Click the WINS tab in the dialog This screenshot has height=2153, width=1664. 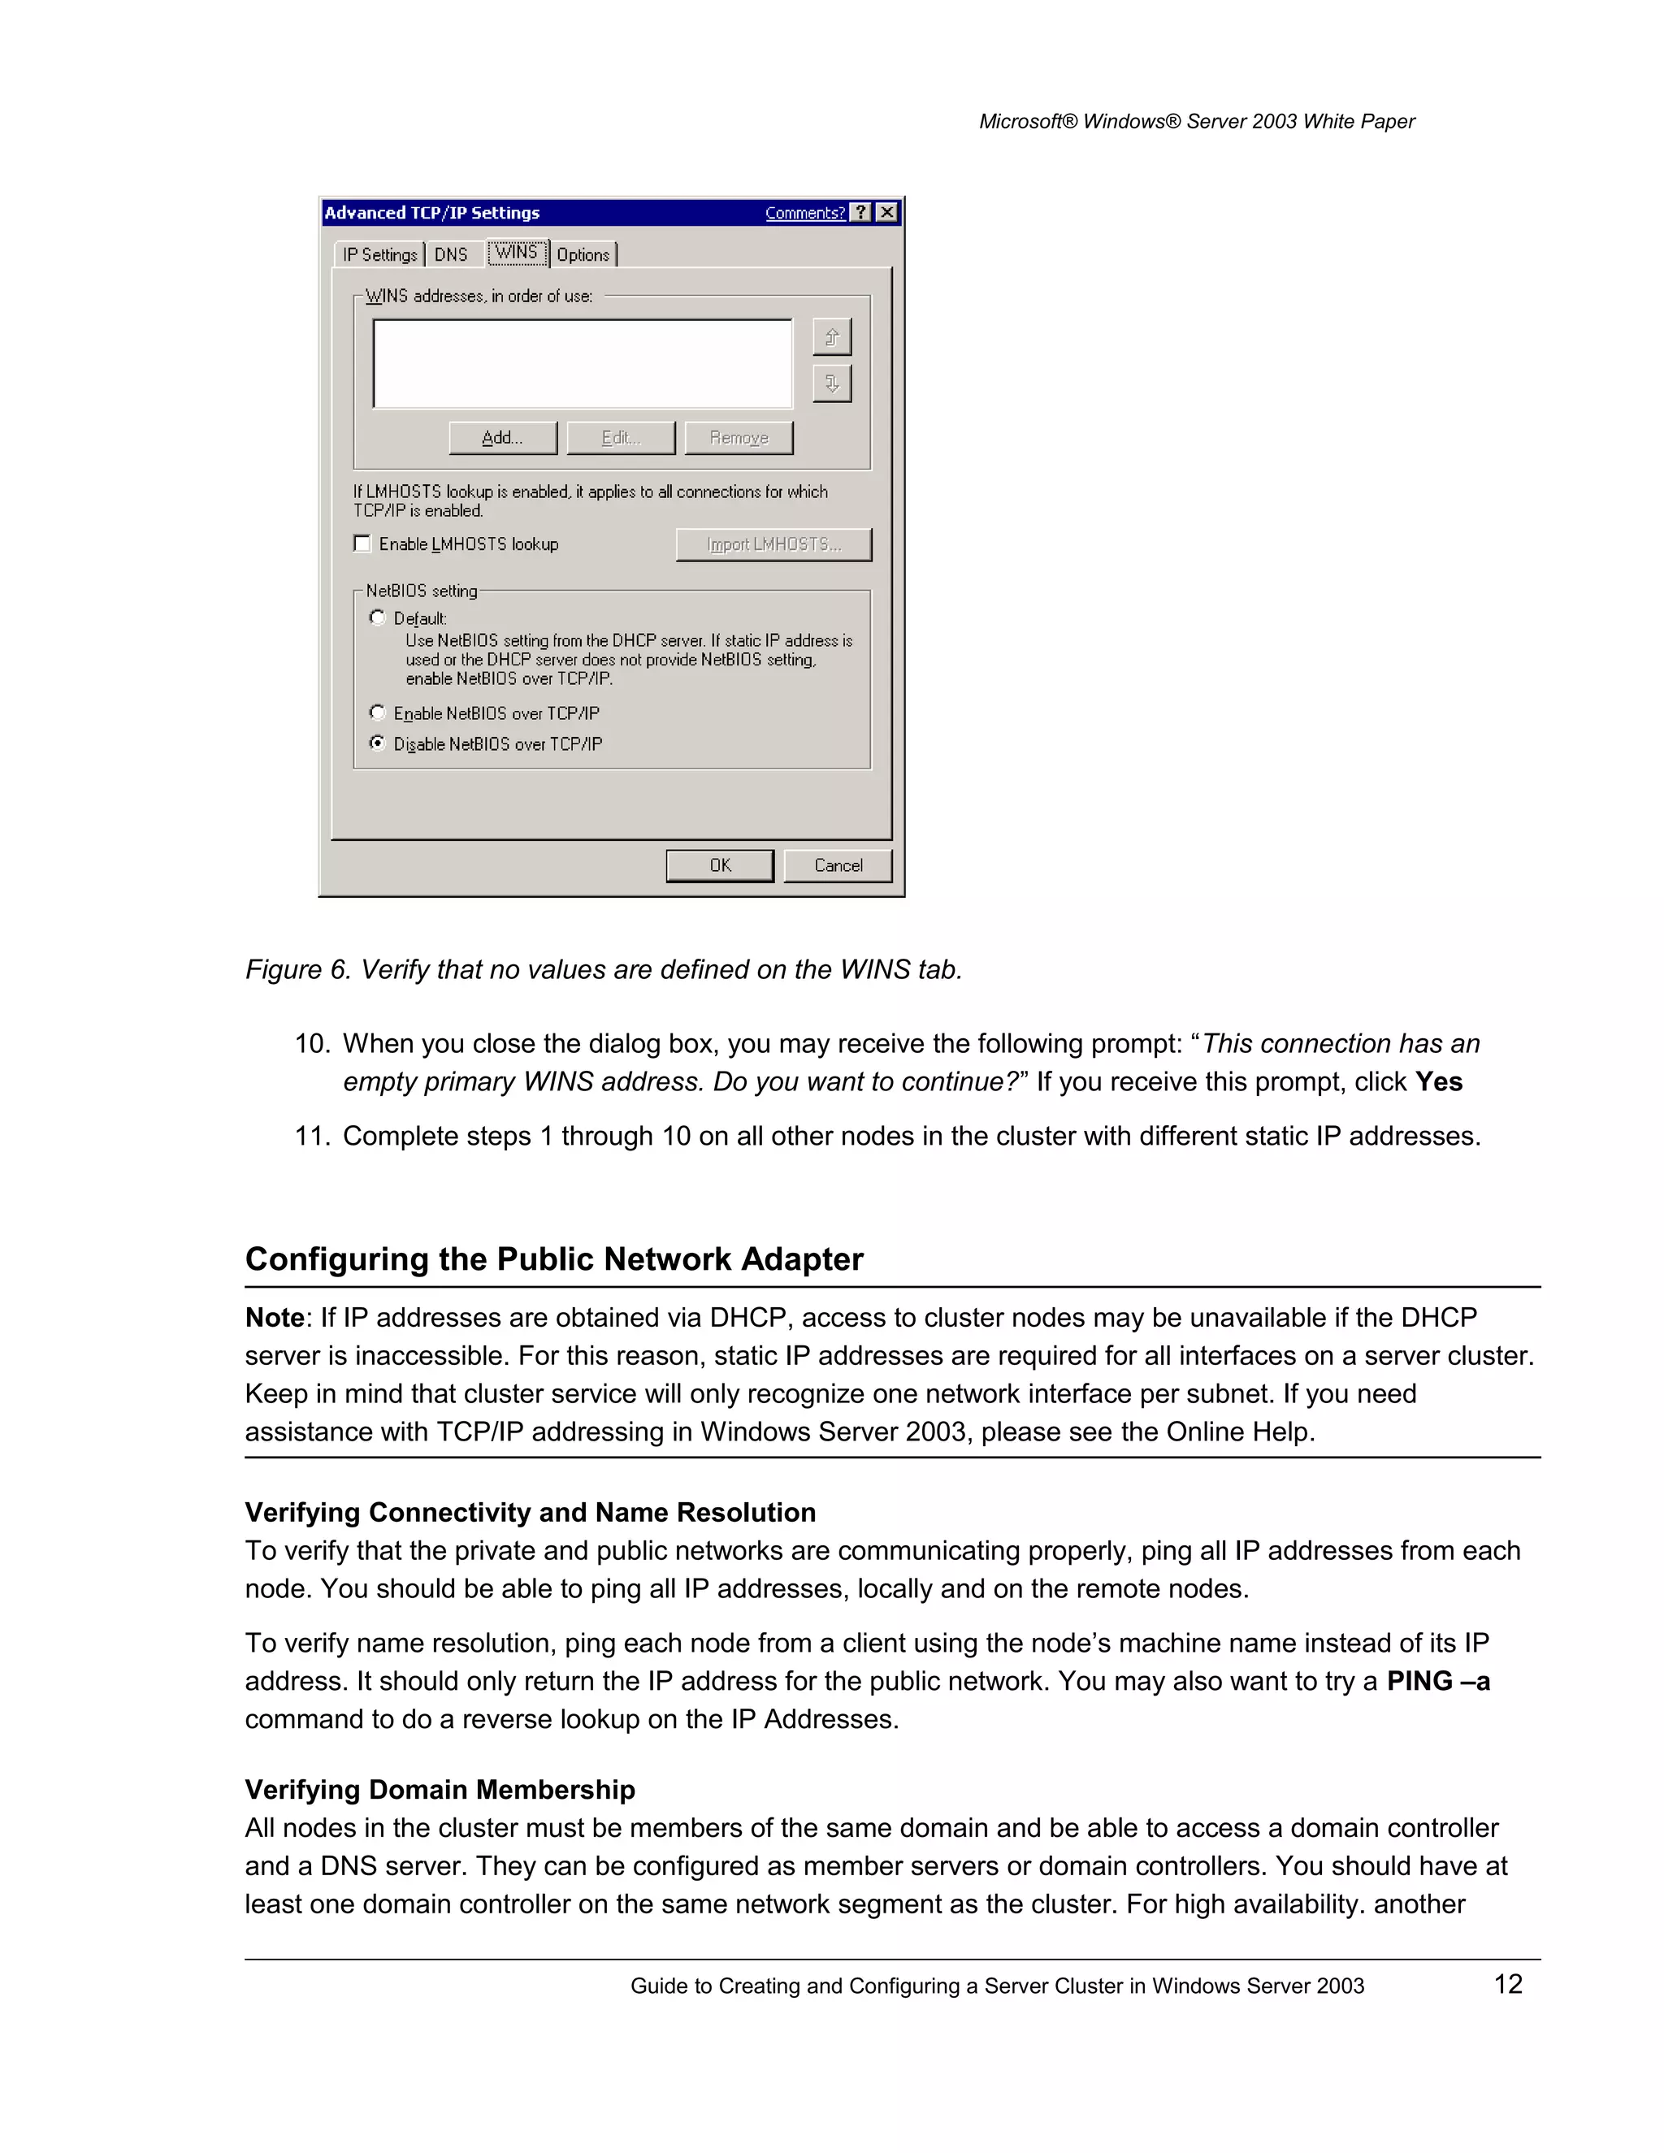click(517, 253)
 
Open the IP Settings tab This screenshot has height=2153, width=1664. click(379, 254)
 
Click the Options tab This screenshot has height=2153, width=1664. click(583, 254)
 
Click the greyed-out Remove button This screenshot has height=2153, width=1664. click(739, 438)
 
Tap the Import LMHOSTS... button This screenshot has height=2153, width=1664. click(773, 544)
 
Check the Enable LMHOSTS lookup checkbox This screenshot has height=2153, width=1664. click(362, 544)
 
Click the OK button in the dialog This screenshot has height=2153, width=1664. click(720, 864)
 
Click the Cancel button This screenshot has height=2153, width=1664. click(838, 864)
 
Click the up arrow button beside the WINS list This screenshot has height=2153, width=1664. click(832, 337)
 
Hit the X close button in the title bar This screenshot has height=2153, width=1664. click(887, 212)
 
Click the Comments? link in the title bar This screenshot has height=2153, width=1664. click(804, 213)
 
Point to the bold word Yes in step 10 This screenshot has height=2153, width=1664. click(1438, 1081)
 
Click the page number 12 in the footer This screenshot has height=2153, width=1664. click(1507, 1985)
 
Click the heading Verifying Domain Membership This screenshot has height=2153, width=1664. click(440, 1789)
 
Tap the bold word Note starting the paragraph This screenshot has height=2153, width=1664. click(274, 1318)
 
